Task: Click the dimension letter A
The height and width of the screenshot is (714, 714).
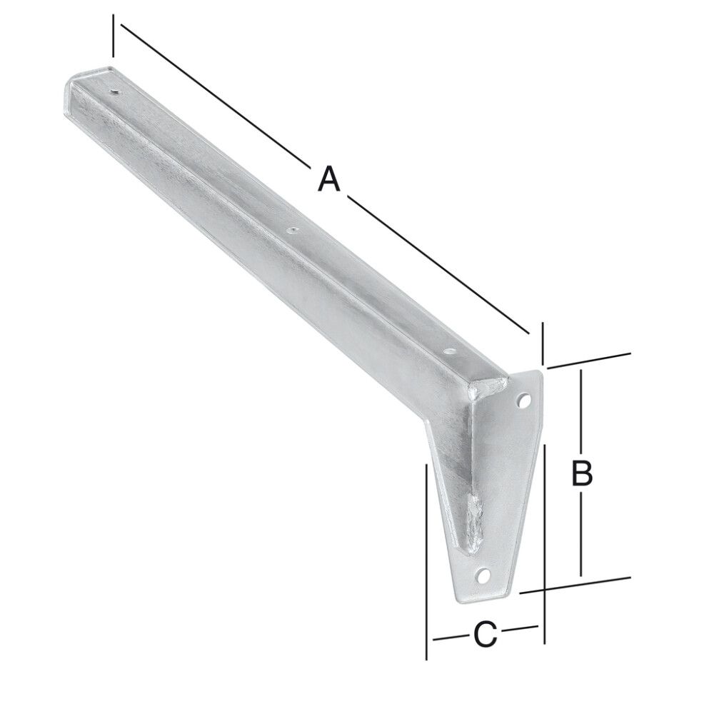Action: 328,178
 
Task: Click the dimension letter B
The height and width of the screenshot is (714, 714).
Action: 583,473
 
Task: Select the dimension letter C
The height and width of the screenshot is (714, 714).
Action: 484,633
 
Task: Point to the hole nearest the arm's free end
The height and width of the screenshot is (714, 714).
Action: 115,91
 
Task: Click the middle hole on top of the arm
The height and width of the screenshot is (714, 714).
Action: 291,230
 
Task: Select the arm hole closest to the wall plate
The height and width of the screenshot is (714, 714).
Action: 448,351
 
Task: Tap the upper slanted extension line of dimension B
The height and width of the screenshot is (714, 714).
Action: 590,361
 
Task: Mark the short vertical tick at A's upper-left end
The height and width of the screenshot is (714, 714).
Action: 113,36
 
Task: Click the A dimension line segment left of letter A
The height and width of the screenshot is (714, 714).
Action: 214,93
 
